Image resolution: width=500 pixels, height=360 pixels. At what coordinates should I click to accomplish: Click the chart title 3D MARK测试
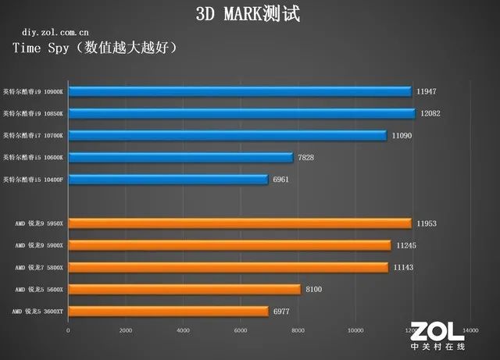[x=248, y=13]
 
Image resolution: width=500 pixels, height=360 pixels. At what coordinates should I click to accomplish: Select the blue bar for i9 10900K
[x=240, y=91]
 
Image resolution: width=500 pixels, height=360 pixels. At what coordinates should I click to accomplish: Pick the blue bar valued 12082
[x=241, y=113]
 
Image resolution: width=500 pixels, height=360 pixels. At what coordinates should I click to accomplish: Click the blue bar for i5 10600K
[x=180, y=158]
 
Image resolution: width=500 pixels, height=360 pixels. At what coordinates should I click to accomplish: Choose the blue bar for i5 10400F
[x=168, y=180]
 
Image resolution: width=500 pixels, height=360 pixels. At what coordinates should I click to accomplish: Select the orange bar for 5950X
[x=240, y=223]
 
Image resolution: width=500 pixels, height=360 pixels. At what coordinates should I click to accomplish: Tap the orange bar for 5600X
[x=184, y=290]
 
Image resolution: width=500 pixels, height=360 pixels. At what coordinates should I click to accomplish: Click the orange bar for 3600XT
[x=168, y=312]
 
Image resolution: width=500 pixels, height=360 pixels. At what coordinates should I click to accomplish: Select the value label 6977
[x=284, y=312]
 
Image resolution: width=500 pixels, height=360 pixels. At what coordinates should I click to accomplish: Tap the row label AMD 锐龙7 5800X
[x=39, y=268]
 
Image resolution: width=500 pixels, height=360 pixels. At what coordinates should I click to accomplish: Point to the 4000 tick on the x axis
[x=183, y=330]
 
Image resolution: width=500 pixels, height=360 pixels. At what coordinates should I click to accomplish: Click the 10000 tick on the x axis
[x=355, y=330]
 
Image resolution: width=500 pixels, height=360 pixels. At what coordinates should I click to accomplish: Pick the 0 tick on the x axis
[x=69, y=330]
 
